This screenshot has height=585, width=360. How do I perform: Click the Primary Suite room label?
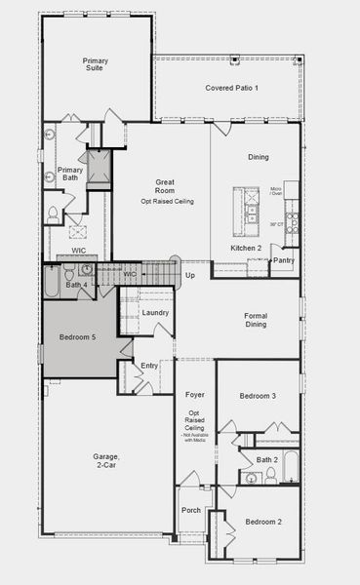pos(95,65)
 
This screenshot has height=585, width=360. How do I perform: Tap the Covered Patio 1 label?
pos(231,89)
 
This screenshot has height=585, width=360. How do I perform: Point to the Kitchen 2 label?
pos(245,249)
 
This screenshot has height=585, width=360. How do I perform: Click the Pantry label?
pos(284,260)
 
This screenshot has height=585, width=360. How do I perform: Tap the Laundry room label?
pos(155,313)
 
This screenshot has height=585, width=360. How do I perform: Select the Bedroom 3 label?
pos(259,396)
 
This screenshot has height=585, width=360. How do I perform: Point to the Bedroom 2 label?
pos(263,523)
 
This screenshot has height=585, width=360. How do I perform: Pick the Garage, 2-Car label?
pos(106,461)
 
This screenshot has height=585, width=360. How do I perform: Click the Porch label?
pos(190,512)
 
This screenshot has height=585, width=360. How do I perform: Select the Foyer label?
pos(195,394)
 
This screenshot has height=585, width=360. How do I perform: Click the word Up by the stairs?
pos(190,275)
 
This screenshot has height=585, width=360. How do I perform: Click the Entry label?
pos(149,366)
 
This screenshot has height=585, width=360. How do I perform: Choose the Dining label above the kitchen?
pos(258,157)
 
